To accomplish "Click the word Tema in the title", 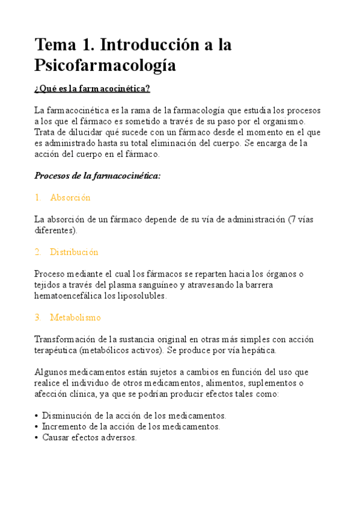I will point(56,45).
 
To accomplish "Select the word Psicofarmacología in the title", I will point(105,66).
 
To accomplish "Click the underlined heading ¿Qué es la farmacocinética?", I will point(92,89).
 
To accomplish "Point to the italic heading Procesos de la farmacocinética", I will point(97,176).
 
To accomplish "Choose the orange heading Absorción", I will point(70,197).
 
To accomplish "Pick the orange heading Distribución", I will point(74,252).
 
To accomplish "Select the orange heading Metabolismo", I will point(75,317).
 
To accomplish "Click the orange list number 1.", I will point(37,197).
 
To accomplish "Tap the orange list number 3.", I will point(37,317).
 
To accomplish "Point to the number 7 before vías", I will point(291,220).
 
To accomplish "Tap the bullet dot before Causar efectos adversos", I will point(37,438).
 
